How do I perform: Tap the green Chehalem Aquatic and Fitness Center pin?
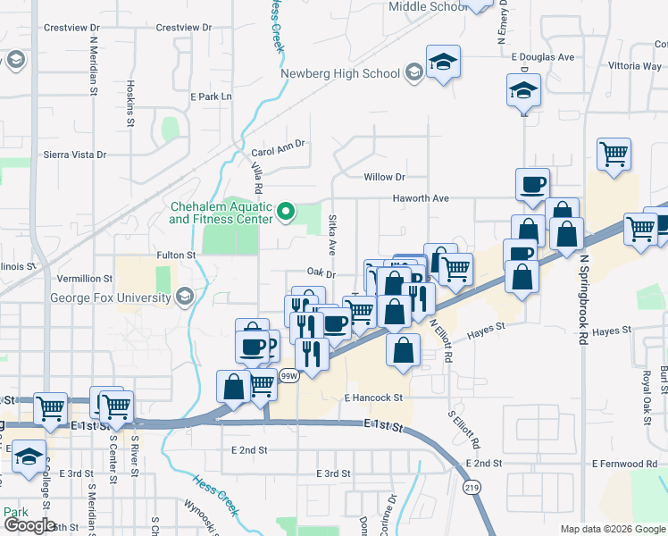(286, 212)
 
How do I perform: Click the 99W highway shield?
(288, 376)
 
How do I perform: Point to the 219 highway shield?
(472, 488)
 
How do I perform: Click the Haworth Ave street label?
(419, 198)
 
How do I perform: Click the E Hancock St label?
(373, 397)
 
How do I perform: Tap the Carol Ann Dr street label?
(278, 143)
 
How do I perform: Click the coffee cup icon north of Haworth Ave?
(533, 184)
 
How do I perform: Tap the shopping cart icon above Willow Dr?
(614, 155)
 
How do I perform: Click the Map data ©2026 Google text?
(612, 529)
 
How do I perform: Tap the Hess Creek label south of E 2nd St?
(213, 493)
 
